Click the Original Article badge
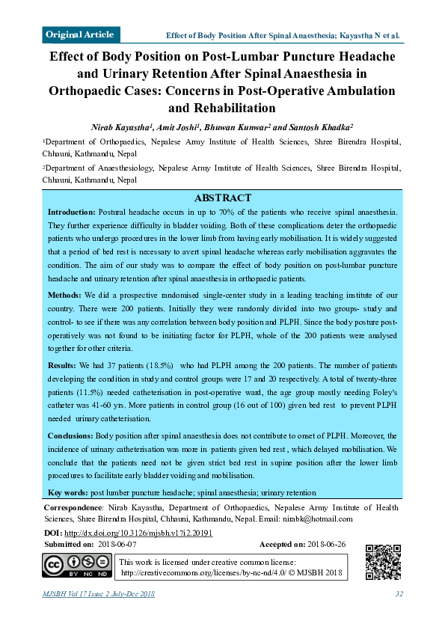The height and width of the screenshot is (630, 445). (80, 34)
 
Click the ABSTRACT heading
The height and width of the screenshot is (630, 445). (223, 198)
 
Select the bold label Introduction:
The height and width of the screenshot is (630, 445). (72, 213)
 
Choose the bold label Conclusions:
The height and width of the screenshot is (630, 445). (71, 435)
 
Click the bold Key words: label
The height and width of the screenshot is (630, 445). (67, 493)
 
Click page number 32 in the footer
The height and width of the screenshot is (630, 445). (399, 594)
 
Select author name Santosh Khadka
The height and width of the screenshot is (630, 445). (322, 128)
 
